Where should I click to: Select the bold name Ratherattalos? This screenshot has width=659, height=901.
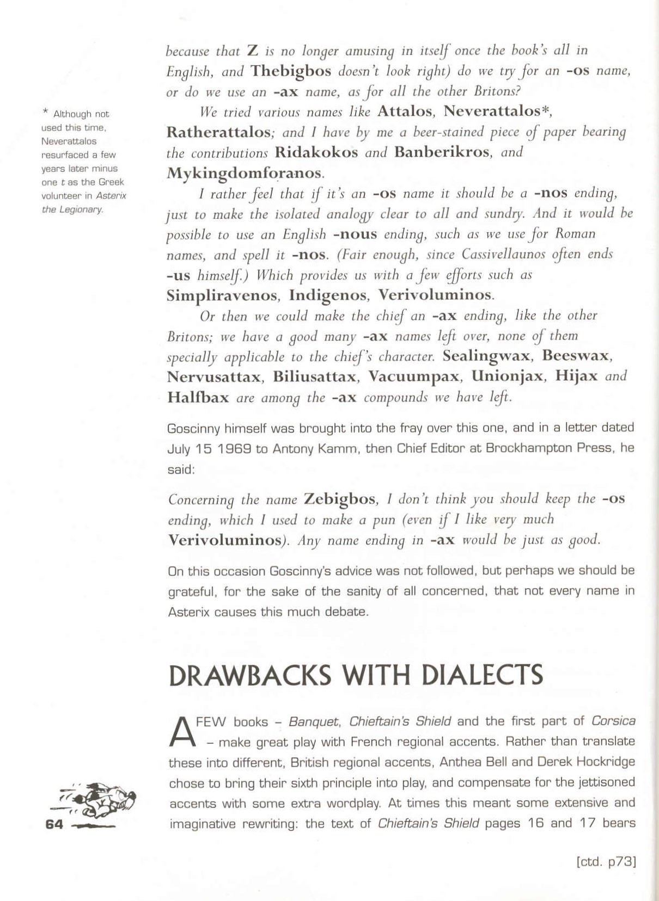(218, 132)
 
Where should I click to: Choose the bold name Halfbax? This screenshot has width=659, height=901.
(198, 397)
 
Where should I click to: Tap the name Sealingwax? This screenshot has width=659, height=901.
(486, 356)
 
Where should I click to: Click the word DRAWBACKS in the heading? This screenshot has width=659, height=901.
(250, 675)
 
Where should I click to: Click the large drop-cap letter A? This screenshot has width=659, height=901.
(181, 732)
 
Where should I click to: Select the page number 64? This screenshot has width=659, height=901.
(54, 824)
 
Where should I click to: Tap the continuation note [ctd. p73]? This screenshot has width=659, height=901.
(606, 862)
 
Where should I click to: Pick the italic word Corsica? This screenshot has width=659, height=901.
(613, 721)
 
